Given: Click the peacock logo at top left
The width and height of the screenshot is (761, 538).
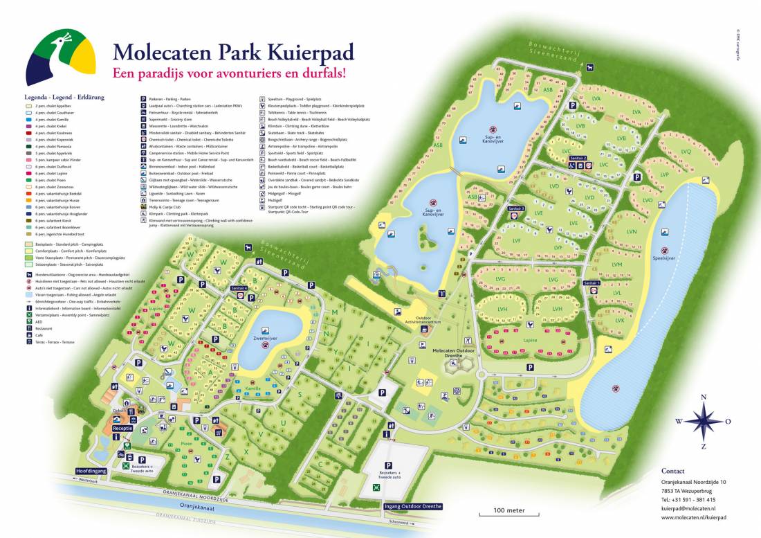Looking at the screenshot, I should click(60, 57).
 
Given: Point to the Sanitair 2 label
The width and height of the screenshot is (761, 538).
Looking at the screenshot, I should click(578, 159).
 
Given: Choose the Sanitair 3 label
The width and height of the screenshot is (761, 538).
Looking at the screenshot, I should click(516, 208).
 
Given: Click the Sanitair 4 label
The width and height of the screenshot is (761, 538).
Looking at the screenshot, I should click(240, 287).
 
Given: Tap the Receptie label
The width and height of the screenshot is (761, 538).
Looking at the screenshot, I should click(123, 429).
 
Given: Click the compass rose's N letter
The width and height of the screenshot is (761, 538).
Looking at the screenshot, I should click(704, 397).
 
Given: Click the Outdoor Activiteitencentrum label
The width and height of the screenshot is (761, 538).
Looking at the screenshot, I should click(427, 323).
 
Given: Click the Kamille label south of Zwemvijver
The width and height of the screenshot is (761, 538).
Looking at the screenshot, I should click(253, 389).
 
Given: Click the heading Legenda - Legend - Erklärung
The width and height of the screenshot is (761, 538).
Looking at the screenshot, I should click(64, 98).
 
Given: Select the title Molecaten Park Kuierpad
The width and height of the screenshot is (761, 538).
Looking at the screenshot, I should click(233, 52).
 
